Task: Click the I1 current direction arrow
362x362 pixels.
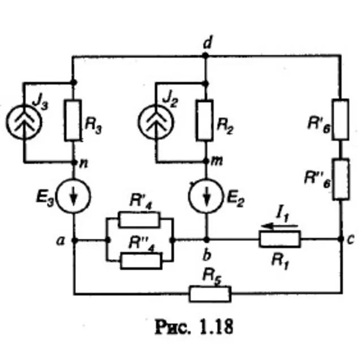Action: click(x=280, y=226)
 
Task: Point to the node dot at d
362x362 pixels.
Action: click(x=205, y=55)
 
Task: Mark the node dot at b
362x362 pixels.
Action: click(x=206, y=240)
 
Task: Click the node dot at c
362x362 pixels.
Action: click(x=341, y=239)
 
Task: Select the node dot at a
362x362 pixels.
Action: click(x=74, y=240)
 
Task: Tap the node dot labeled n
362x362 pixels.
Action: click(x=74, y=162)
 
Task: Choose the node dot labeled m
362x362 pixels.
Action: click(x=206, y=161)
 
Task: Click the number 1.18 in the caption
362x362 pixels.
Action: click(x=216, y=327)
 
